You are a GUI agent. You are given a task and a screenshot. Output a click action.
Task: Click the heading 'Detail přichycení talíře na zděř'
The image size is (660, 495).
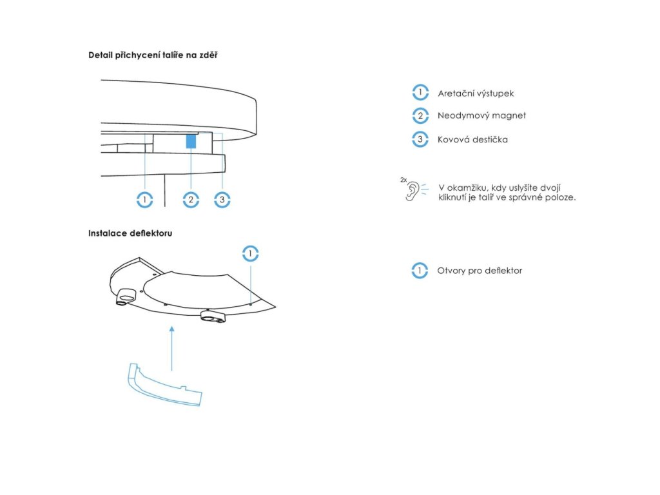click(153, 55)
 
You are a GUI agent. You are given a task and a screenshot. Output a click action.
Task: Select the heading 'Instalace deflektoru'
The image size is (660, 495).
click(130, 233)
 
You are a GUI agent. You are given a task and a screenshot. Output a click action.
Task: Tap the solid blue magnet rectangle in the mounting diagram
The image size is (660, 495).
click(191, 142)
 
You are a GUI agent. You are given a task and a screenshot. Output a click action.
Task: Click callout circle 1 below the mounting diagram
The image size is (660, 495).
click(145, 200)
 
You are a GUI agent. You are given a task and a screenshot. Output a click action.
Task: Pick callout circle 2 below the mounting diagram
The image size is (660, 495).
click(190, 200)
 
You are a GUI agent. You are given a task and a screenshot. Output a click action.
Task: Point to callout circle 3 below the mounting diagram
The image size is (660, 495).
click(222, 200)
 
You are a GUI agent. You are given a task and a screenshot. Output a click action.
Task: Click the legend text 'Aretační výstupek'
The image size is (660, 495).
click(476, 93)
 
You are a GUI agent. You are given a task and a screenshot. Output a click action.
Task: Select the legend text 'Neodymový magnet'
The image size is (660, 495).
click(481, 116)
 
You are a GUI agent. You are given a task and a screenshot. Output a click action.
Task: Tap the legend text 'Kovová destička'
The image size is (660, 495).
click(472, 139)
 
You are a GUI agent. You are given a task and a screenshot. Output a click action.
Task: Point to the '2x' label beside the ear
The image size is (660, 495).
click(403, 180)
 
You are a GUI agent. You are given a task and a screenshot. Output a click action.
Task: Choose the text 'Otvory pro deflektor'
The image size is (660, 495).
click(480, 271)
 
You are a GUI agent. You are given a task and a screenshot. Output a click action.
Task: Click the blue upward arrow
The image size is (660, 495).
click(171, 348)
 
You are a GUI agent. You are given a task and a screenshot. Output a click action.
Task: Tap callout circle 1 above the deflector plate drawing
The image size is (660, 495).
click(250, 253)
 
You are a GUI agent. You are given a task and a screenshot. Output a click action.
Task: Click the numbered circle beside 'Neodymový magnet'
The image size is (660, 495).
click(420, 116)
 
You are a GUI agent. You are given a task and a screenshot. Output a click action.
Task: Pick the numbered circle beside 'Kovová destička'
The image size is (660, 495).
click(420, 139)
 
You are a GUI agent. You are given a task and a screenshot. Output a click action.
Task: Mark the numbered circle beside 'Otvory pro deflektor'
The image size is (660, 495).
click(420, 271)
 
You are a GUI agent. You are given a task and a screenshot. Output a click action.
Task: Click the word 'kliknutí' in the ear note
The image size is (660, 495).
click(455, 197)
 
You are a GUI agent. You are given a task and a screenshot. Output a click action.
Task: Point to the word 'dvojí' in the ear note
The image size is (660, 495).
click(549, 187)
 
